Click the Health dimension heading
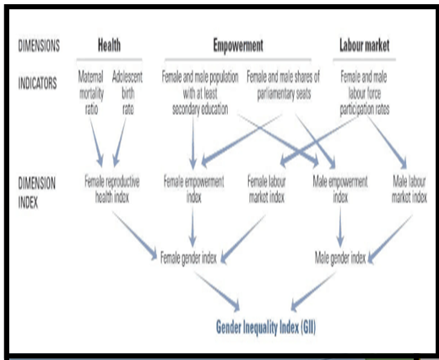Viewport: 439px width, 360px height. tap(109, 46)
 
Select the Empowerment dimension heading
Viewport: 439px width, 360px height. tap(238, 46)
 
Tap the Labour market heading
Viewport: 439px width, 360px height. tap(365, 46)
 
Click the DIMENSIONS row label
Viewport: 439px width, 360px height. tap(39, 46)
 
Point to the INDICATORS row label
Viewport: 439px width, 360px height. tap(37, 83)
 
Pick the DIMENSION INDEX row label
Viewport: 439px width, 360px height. tap(36, 193)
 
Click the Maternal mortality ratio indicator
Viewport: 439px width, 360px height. tap(91, 93)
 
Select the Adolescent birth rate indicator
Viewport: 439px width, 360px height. tap(127, 93)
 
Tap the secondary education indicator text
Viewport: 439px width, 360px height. tap(200, 93)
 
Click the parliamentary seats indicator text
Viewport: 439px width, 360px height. tap(284, 85)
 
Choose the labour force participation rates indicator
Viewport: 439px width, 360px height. tap(365, 93)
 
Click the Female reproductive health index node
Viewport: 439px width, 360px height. tap(112, 189)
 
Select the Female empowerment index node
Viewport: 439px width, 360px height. tap(194, 189)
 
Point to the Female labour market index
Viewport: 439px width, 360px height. tap(267, 189)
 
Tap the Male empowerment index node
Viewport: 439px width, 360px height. tap(340, 189)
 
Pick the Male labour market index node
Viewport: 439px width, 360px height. tap(409, 189)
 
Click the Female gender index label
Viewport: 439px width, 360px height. tap(188, 258)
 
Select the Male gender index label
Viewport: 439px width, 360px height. tap(340, 258)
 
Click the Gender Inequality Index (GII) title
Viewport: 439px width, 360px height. tap(266, 327)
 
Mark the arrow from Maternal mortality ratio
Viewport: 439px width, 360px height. tap(96, 143)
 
